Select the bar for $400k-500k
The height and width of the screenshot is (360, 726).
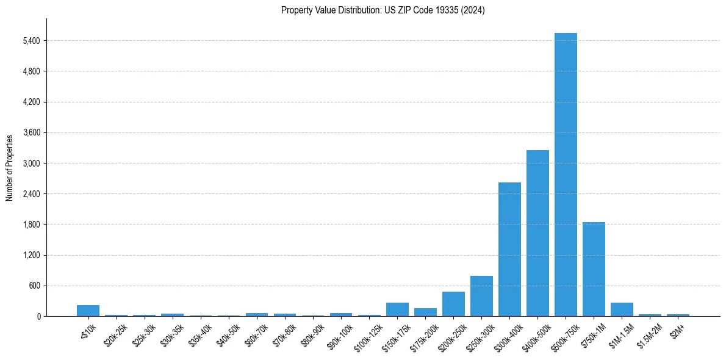coord(537,233)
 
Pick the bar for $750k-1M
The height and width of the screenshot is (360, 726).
coord(594,269)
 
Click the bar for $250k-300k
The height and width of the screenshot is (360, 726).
coord(481,296)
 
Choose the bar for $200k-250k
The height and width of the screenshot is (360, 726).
coord(453,304)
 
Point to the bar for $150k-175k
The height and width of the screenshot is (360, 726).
coord(397,309)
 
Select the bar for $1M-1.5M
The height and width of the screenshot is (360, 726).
coord(622,309)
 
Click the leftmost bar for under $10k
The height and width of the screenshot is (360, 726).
coord(88,311)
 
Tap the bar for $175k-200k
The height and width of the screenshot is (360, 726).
coord(425,312)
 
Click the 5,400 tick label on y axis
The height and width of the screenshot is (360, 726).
coord(31,41)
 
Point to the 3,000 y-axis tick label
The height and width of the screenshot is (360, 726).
coord(31,164)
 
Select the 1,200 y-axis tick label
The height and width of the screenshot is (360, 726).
coord(31,255)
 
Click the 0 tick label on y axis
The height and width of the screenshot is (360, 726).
coord(38,316)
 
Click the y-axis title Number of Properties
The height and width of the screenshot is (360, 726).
coord(10,167)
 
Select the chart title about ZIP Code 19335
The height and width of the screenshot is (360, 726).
coord(383,10)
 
